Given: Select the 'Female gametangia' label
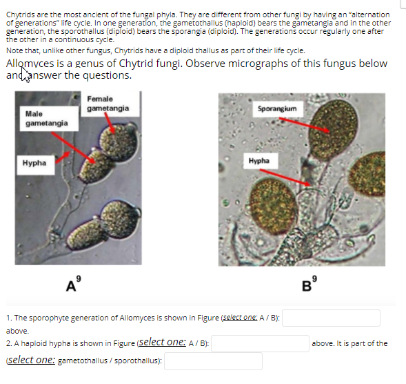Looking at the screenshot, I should [x=103, y=104].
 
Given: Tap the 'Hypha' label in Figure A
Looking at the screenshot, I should [x=34, y=163].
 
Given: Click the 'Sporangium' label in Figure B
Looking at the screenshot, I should [x=276, y=109].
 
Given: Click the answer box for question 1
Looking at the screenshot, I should [x=331, y=318].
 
